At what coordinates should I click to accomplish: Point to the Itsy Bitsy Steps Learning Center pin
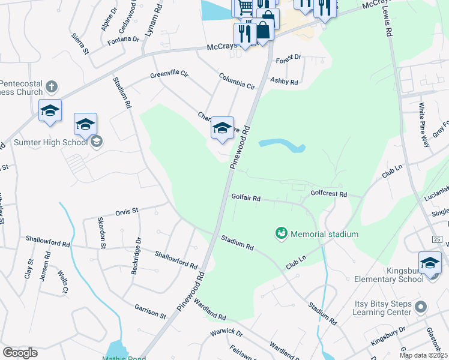tap(421, 307)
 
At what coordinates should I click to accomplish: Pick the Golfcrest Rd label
tap(329, 194)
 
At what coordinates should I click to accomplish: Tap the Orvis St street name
tap(127, 212)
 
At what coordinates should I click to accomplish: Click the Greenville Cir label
tap(169, 75)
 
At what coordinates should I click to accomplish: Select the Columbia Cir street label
tap(237, 81)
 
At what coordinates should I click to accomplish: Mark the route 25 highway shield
tap(436, 239)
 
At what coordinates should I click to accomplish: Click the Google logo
tap(20, 352)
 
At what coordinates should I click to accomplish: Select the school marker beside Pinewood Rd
tap(222, 127)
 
